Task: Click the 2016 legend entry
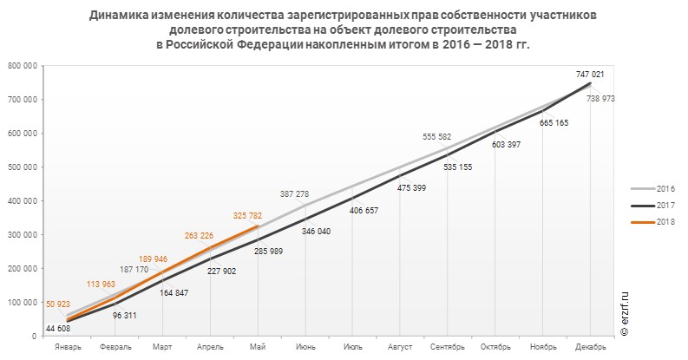665,188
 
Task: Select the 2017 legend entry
665,205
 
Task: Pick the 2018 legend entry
665,222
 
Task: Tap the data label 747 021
602,75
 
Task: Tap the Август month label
400,347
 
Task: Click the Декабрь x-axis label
590,347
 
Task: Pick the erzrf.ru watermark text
624,313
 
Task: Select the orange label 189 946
157,259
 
